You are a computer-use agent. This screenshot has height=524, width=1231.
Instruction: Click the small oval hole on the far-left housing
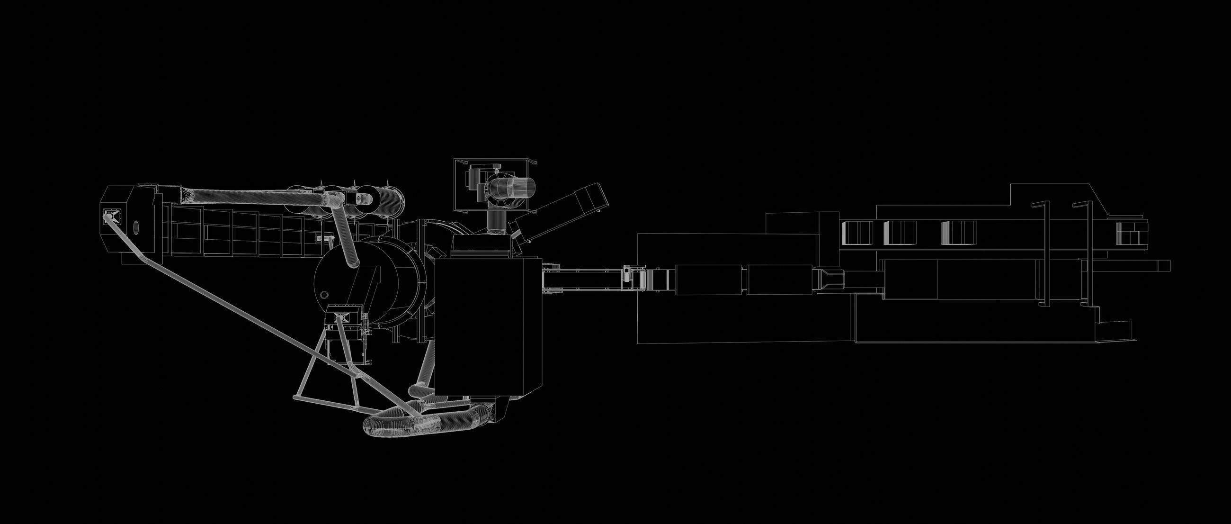[136, 226]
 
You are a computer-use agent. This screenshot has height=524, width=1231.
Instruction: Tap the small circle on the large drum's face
[325, 294]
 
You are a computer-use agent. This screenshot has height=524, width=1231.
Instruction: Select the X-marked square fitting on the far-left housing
[109, 216]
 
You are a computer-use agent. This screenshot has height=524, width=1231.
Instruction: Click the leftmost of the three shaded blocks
[856, 233]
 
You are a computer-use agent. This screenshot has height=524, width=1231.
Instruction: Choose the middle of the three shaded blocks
[899, 233]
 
